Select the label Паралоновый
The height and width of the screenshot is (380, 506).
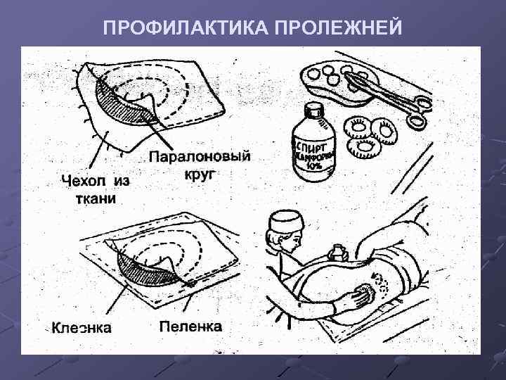click(x=200, y=157)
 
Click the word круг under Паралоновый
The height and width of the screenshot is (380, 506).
click(x=200, y=173)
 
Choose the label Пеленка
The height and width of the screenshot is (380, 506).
click(x=190, y=327)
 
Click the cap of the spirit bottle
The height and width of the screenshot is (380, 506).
click(x=313, y=113)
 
